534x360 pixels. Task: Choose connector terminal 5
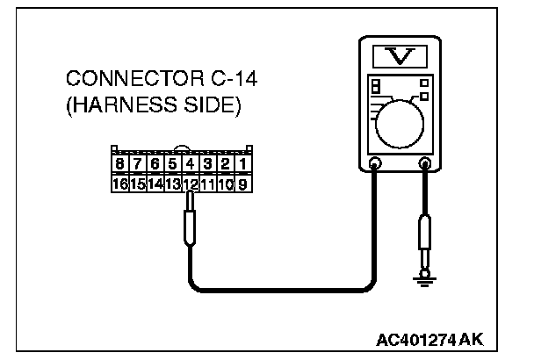[x=173, y=164]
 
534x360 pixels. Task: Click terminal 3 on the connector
[x=208, y=164]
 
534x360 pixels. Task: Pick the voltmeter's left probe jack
[x=375, y=162]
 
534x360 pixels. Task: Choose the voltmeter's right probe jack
[x=426, y=162]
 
